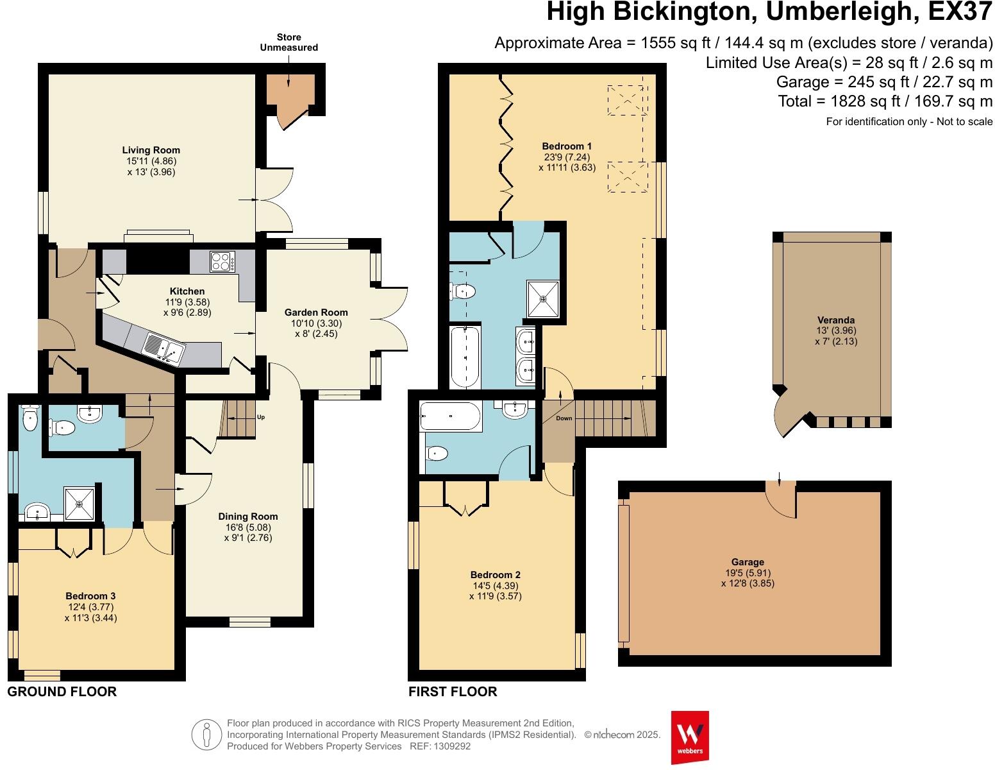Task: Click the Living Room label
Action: (151, 150)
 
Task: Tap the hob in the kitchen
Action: (222, 262)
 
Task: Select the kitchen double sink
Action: (163, 348)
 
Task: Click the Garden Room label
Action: (316, 312)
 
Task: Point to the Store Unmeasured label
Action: (288, 42)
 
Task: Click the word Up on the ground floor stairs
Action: (260, 417)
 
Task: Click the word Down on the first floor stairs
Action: (564, 418)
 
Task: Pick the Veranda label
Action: (835, 320)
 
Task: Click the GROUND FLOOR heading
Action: (62, 692)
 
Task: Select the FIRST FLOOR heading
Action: (453, 692)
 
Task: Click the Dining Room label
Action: (248, 517)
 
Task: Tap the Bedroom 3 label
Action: (90, 595)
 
